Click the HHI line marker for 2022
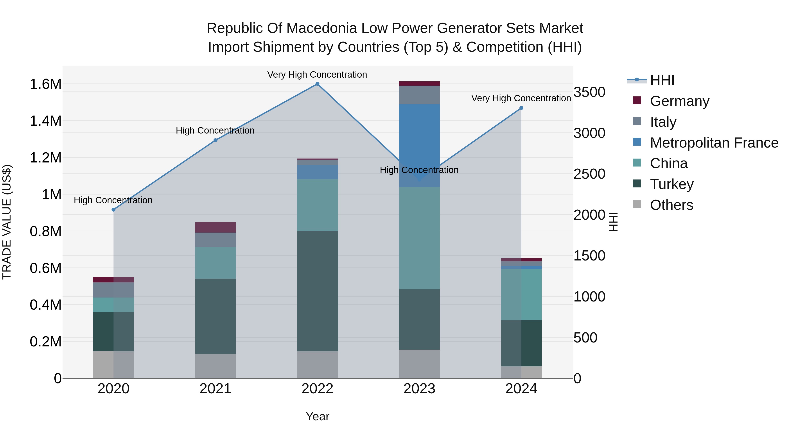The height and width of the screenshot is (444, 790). (x=317, y=84)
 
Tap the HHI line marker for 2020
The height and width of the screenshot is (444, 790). (x=113, y=210)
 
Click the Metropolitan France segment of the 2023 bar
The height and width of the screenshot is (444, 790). (x=419, y=146)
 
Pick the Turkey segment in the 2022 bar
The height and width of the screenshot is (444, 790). (x=317, y=291)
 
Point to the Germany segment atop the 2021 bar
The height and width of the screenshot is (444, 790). (x=215, y=227)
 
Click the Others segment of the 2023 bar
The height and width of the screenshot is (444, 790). (x=419, y=364)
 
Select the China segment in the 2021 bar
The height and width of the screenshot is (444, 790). (x=215, y=263)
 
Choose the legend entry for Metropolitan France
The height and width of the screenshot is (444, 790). (x=714, y=143)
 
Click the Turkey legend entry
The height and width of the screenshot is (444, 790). (x=672, y=184)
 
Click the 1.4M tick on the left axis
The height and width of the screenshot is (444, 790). (x=45, y=121)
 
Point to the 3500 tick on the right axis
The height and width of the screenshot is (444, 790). (x=589, y=92)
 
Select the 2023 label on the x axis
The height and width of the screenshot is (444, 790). (x=419, y=389)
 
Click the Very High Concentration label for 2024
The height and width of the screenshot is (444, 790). (x=521, y=98)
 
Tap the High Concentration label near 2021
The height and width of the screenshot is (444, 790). (x=215, y=130)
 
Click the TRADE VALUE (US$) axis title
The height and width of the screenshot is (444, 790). (x=7, y=222)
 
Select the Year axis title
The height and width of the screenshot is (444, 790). (x=317, y=416)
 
